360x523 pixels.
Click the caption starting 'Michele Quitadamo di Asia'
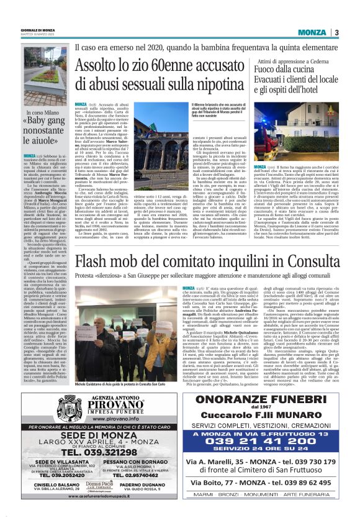point(127,366)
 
